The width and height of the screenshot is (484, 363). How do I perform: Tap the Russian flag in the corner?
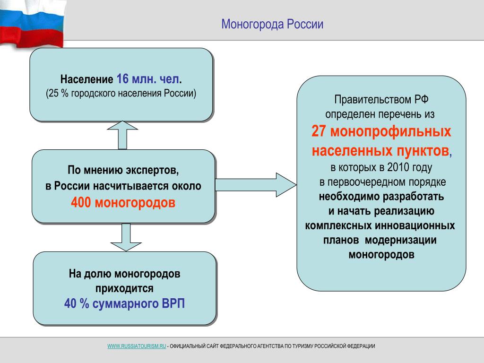coord(33,23)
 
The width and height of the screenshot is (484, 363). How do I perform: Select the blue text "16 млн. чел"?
coord(148,79)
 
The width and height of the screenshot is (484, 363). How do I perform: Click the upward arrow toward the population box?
coord(122,135)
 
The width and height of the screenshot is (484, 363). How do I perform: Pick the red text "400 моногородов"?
coord(123,202)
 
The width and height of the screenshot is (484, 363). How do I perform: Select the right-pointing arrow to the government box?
coord(256,185)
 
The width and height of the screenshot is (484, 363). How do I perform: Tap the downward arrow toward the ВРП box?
coord(126,237)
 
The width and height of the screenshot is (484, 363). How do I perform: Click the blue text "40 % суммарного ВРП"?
coord(124,303)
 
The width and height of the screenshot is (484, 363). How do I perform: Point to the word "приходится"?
coord(124,289)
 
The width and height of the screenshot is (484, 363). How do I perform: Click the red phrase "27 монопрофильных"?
coord(381,131)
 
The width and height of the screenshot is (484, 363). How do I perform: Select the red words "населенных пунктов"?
coord(380,151)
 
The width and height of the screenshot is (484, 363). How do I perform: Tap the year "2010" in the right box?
coord(399,167)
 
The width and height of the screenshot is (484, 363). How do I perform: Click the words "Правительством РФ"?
coord(381,99)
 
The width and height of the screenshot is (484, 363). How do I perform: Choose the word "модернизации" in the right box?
coord(401,240)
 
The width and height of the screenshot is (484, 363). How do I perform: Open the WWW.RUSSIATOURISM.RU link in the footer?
coord(137,346)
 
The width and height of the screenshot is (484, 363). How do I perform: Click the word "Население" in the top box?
coord(87,79)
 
